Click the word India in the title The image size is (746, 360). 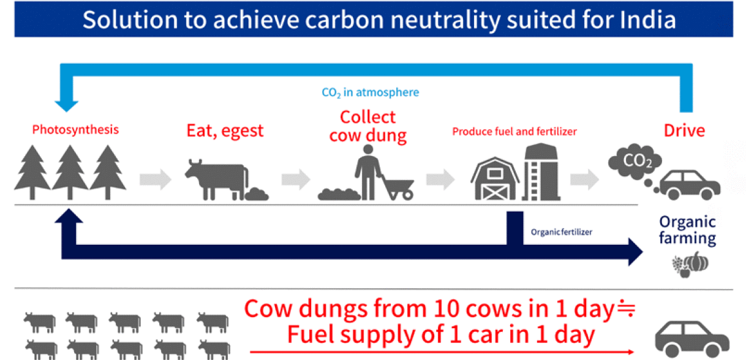coord(647,20)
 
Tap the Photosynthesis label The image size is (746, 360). coord(75,130)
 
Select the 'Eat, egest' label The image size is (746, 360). coord(225,131)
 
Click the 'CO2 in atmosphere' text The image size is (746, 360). coord(370,92)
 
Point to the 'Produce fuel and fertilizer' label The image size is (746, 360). coord(514,132)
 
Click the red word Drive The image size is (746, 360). coord(684,130)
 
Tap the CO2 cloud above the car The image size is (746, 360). coord(635,162)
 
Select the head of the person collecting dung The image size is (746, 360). coord(368,149)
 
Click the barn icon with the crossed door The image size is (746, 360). coord(495,179)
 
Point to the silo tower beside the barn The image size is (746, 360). coord(541,172)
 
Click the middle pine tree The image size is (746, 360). coord(70,172)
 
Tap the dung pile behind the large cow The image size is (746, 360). coord(257,195)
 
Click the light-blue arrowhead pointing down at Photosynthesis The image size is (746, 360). coord(67,107)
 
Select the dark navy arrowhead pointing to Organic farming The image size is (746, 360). coord(635,252)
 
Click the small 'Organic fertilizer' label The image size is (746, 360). coord(562,232)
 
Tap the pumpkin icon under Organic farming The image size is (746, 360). coord(698,262)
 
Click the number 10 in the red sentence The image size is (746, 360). coord(447,309)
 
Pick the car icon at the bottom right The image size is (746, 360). coord(692,339)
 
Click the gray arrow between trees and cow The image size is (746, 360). coord(155,180)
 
